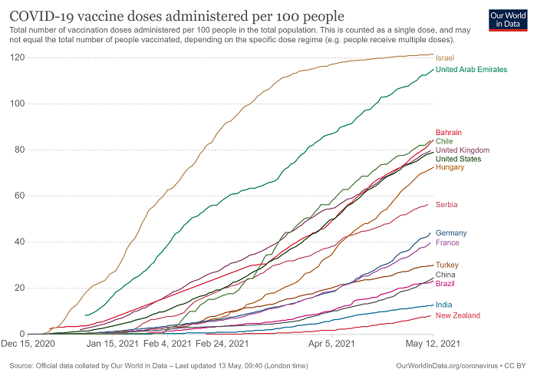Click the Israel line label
pyautogui.click(x=445, y=58)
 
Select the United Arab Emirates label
pyautogui.click(x=471, y=70)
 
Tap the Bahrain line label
pyautogui.click(x=449, y=132)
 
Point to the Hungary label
pyautogui.click(x=450, y=167)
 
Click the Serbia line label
pyautogui.click(x=447, y=205)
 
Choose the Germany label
pyautogui.click(x=451, y=233)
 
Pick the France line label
pyautogui.click(x=447, y=243)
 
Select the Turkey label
pyautogui.click(x=447, y=265)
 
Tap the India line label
pyautogui.click(x=444, y=305)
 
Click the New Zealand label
pyautogui.click(x=458, y=315)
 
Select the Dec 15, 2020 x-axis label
pyautogui.click(x=28, y=345)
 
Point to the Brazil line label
pyautogui.click(x=445, y=284)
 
